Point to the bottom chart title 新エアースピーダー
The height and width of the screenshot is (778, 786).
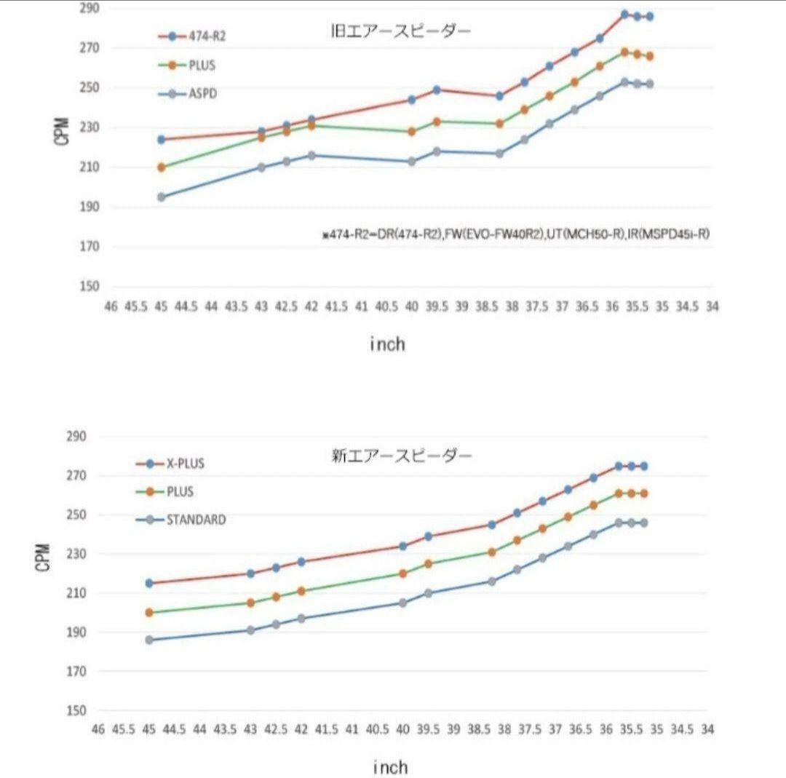tap(401, 457)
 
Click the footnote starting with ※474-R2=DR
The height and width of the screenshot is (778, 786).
tap(516, 234)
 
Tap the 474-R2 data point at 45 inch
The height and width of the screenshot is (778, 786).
tap(162, 139)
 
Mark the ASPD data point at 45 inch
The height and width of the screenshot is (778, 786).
tap(162, 197)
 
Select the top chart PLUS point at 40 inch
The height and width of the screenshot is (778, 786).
tap(412, 132)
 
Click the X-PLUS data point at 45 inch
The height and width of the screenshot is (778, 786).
tap(149, 583)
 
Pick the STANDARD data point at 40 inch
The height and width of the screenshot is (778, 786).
tap(402, 603)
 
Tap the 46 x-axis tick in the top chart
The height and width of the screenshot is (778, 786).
tap(111, 308)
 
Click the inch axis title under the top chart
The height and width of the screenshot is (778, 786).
tap(387, 344)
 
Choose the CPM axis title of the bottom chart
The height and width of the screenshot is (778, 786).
tap(44, 557)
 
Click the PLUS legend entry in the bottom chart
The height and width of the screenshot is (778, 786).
tap(179, 492)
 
